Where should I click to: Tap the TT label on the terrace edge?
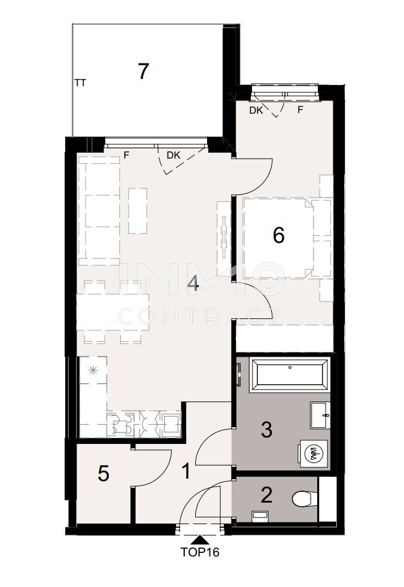click(x=80, y=83)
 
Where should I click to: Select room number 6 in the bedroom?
click(x=278, y=236)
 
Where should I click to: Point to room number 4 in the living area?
click(x=193, y=284)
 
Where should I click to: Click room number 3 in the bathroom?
click(x=266, y=430)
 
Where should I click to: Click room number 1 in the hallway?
click(x=186, y=471)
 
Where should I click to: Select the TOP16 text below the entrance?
click(x=200, y=552)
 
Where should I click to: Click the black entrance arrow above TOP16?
click(x=201, y=540)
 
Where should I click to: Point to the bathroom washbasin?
click(x=320, y=415)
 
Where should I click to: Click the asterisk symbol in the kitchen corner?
click(x=93, y=370)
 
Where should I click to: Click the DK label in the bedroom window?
click(x=256, y=111)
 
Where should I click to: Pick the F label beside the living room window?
click(x=126, y=156)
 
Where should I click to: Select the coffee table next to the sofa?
click(x=138, y=211)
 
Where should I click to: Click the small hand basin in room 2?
click(x=259, y=515)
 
